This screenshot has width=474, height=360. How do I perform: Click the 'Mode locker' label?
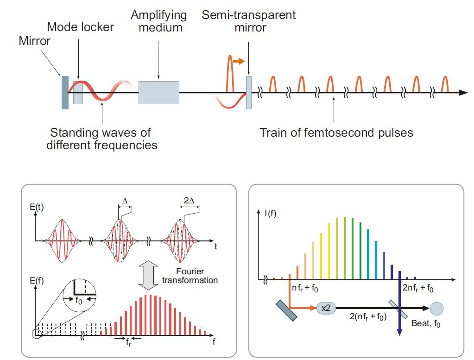click(80, 27)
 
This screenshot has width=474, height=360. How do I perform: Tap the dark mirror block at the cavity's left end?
click(65, 92)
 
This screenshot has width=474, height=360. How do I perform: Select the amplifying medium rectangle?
click(158, 92)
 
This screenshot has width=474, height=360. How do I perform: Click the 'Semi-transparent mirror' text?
click(249, 21)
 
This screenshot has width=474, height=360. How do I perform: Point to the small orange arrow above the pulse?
click(238, 61)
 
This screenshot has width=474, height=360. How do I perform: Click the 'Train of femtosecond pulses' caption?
click(336, 133)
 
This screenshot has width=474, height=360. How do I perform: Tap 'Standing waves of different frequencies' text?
click(101, 139)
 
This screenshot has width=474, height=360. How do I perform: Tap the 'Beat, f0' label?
click(426, 324)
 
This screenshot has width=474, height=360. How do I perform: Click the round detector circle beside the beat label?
click(436, 308)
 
